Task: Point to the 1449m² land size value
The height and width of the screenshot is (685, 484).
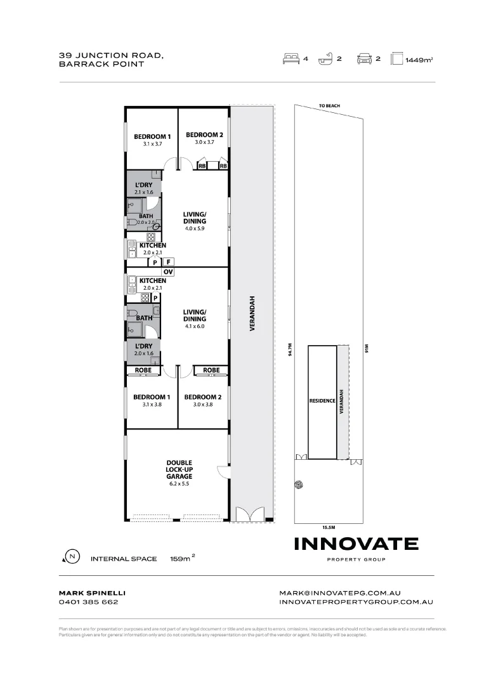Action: tap(419, 60)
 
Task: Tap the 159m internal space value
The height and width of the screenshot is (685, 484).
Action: tap(181, 559)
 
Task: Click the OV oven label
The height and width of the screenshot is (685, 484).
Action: tap(168, 271)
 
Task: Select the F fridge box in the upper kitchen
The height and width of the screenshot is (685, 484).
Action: tap(169, 261)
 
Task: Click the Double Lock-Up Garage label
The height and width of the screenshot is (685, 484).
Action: tap(179, 469)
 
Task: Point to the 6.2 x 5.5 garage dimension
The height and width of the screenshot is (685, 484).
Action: tap(179, 483)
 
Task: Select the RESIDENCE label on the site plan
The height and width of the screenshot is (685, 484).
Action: tap(322, 401)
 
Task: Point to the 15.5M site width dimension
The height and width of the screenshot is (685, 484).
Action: tap(328, 526)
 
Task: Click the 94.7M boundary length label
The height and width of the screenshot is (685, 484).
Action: tap(290, 351)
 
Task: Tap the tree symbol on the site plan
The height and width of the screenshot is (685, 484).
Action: tap(299, 485)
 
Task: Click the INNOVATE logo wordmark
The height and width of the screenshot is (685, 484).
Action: tap(356, 544)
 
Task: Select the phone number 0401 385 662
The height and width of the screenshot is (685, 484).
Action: tap(88, 602)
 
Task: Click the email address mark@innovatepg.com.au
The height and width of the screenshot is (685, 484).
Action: tap(340, 592)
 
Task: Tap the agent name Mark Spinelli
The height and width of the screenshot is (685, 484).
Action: tap(88, 592)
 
